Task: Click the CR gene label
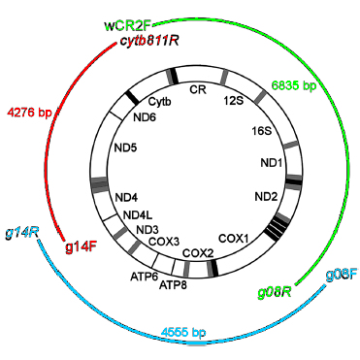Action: tap(198, 90)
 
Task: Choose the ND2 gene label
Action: tap(266, 197)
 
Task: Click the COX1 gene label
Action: tap(234, 237)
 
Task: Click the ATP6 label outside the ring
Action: tap(144, 276)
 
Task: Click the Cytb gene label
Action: tap(163, 99)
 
